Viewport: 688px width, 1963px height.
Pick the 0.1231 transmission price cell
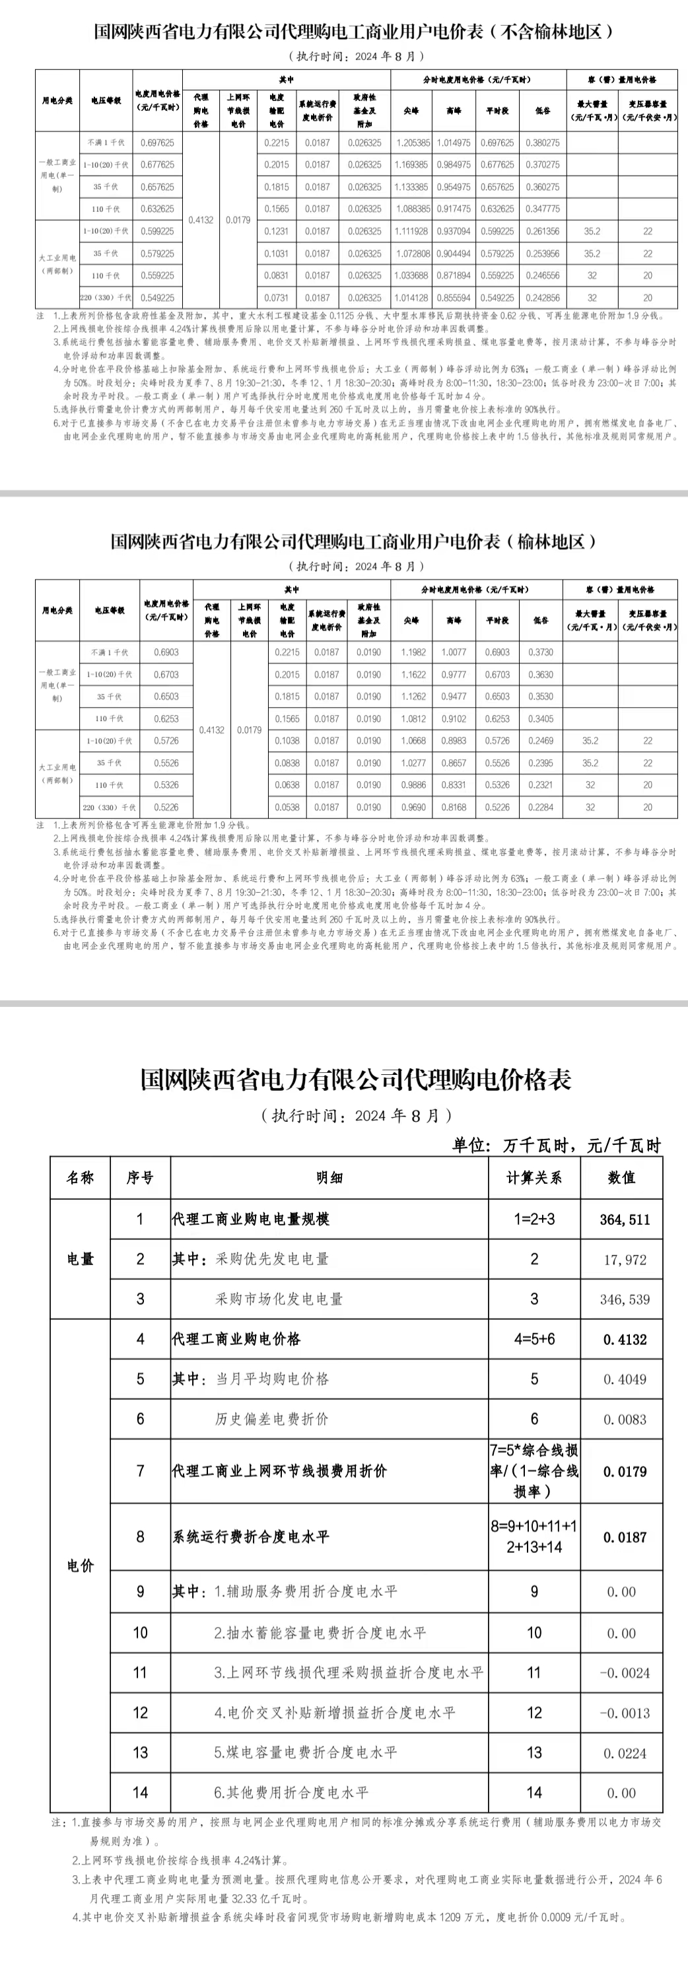[x=277, y=231]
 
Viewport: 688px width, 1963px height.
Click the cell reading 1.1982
[x=413, y=652]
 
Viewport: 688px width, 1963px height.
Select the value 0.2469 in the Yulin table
[x=540, y=741]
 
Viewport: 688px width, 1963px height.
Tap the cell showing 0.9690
[x=413, y=807]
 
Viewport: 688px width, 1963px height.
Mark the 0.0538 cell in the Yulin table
[x=287, y=807]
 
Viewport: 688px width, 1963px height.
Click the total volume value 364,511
[x=625, y=1220]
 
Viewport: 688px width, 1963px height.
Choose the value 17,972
[x=625, y=1260]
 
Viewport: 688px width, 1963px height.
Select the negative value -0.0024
[x=625, y=1673]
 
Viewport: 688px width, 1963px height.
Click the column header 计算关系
[x=534, y=1178]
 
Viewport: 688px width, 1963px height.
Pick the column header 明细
[x=329, y=1178]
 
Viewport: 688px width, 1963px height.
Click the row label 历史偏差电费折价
[x=271, y=1419]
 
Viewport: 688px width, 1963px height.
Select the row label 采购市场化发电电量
[x=279, y=1299]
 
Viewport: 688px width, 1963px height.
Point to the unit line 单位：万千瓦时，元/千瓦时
[x=556, y=1146]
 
